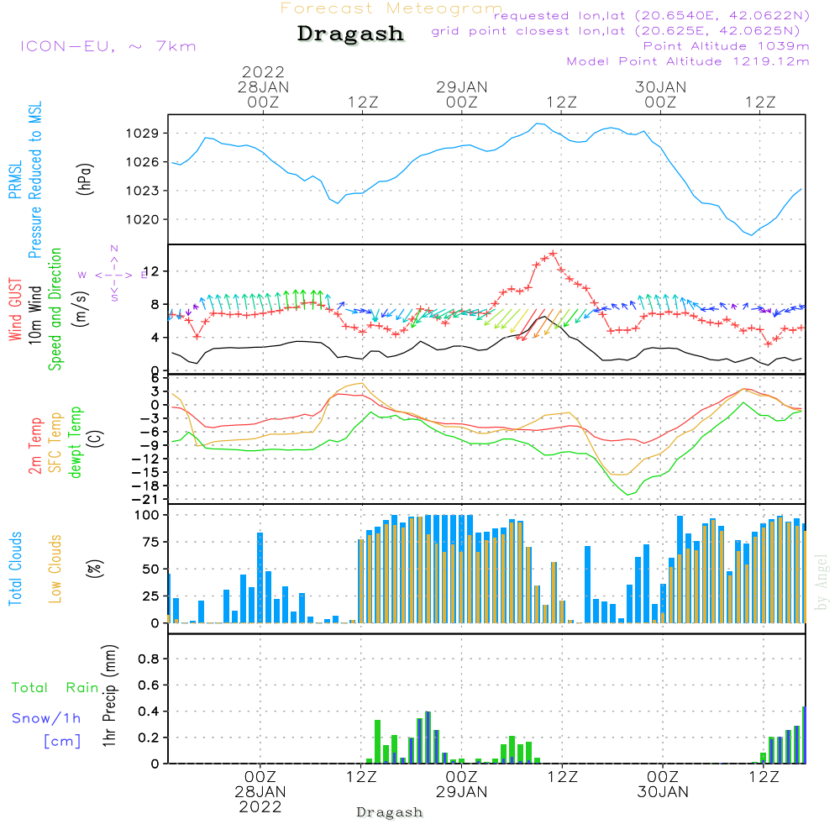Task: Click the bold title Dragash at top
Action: [350, 34]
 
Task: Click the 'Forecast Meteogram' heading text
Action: [391, 8]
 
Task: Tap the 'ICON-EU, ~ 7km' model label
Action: [108, 46]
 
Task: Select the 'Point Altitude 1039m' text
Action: [726, 46]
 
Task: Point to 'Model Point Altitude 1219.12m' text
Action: [688, 61]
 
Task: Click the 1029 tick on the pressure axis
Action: [146, 133]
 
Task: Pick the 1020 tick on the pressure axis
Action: [146, 219]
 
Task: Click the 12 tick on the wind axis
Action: [152, 271]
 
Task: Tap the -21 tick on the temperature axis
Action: [148, 499]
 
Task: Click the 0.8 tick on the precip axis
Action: [149, 659]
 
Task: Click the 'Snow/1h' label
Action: [47, 718]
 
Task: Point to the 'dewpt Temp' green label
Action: [76, 443]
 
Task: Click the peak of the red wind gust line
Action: [553, 253]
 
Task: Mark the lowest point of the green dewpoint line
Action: [628, 494]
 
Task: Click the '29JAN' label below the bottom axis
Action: [461, 791]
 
